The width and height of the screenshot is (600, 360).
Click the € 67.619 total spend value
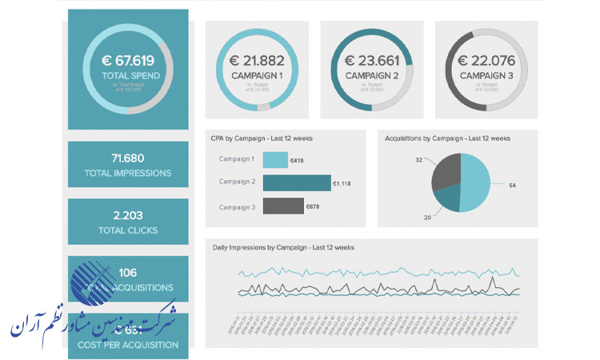tap(128, 60)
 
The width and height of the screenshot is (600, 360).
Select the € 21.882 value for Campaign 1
tap(258, 60)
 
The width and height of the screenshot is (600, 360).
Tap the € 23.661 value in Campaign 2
tap(371, 60)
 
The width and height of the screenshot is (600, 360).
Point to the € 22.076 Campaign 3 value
tap(486, 60)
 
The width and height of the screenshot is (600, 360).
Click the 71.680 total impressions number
tap(128, 157)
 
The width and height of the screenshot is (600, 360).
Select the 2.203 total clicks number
tap(128, 215)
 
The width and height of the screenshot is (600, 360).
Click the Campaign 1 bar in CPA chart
tap(274, 160)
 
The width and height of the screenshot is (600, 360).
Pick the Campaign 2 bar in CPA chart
tap(296, 183)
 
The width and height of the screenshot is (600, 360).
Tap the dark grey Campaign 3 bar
tap(283, 206)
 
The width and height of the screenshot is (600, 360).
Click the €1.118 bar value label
tap(342, 184)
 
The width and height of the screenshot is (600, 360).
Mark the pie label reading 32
tap(418, 160)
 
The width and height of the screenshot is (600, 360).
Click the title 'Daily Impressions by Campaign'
tap(283, 247)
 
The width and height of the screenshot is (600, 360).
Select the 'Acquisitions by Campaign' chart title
tap(447, 138)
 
